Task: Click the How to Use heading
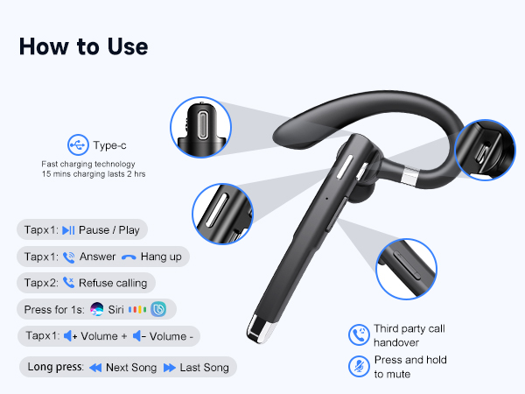83,46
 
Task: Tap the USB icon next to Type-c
79,145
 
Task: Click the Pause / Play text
108,230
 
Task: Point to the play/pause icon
69,230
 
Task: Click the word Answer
97,257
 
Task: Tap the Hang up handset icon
129,257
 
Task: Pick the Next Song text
130,368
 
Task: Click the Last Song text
204,368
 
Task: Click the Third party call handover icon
358,334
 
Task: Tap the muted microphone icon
358,367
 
